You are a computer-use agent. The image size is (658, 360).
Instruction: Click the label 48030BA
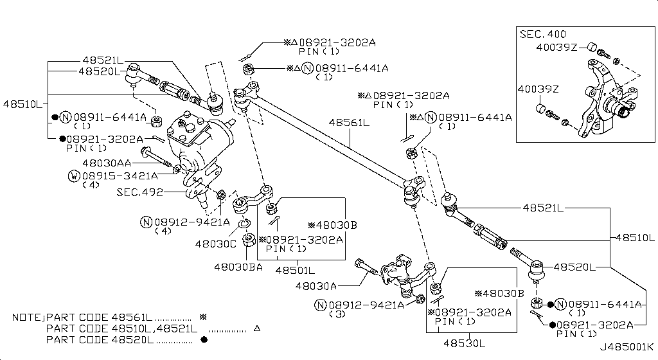point(238,267)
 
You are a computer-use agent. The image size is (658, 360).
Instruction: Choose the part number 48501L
point(296,270)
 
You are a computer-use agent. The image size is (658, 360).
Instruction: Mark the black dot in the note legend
point(204,339)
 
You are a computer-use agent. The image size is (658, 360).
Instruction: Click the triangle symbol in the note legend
point(256,328)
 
